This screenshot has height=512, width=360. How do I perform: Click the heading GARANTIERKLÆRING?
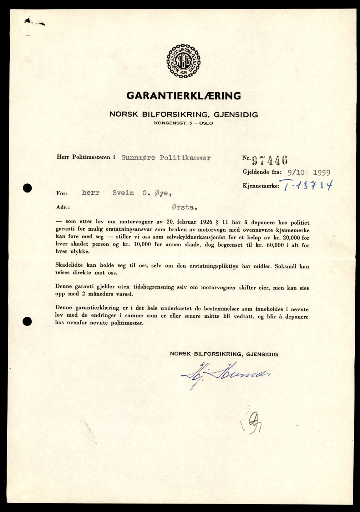click(184, 95)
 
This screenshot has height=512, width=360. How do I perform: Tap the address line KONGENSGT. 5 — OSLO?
click(183, 123)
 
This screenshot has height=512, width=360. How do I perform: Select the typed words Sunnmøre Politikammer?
click(166, 158)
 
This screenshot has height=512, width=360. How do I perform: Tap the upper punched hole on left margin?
click(28, 188)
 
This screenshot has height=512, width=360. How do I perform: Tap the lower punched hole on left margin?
click(28, 321)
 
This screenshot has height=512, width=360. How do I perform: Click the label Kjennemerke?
click(261, 186)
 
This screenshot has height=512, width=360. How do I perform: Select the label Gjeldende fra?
click(262, 172)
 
